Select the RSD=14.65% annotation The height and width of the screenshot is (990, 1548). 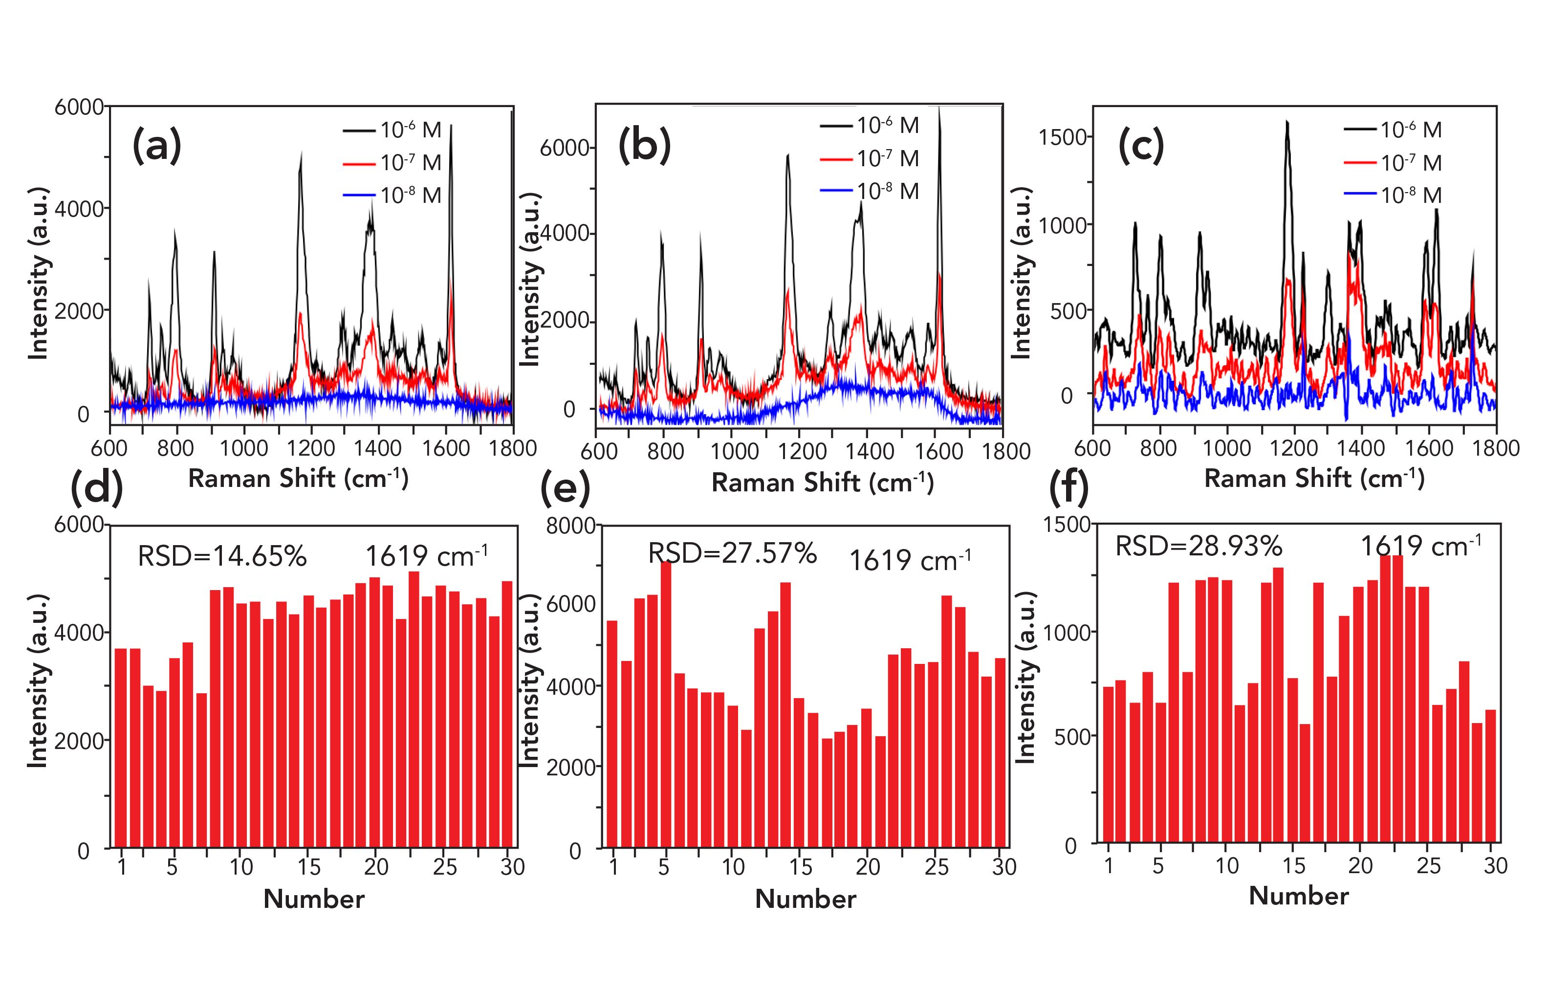click(x=222, y=556)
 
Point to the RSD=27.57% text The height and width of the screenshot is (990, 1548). click(x=732, y=553)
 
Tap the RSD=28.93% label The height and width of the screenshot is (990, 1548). click(x=1199, y=547)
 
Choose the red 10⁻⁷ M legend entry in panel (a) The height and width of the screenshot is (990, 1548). click(x=392, y=163)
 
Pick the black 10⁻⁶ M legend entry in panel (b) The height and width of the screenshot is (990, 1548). click(x=869, y=125)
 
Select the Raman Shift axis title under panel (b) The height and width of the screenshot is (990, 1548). click(x=822, y=483)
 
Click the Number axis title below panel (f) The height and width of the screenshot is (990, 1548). click(x=1299, y=896)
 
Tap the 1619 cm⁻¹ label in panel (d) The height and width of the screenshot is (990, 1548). click(x=426, y=556)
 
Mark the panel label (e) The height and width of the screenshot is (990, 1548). click(x=565, y=488)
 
